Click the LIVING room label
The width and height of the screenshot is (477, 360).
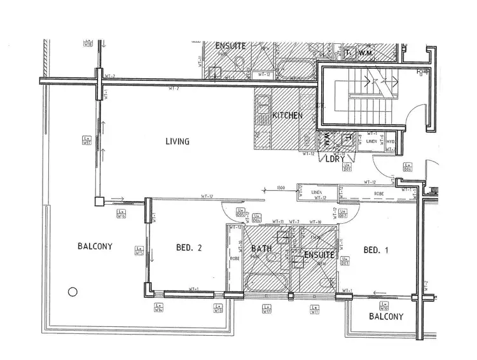coord(177,142)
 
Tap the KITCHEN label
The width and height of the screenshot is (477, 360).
coord(287,116)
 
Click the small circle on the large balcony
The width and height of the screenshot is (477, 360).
coord(73,292)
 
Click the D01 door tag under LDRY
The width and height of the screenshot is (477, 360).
coord(347,168)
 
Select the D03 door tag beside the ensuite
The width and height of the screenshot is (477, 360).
coord(344,261)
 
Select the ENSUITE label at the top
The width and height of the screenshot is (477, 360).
coord(230,46)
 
